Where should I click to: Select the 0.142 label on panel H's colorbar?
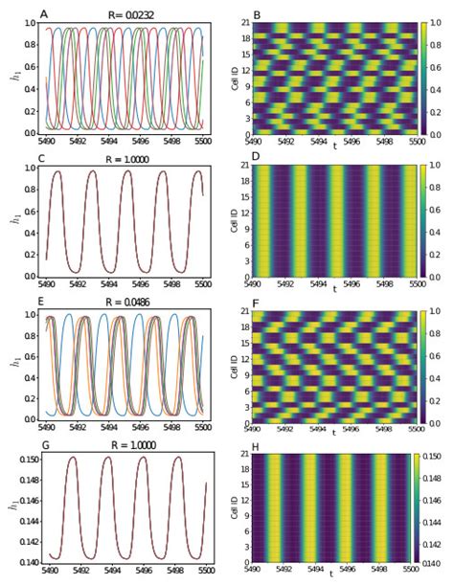pyautogui.click(x=434, y=537)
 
